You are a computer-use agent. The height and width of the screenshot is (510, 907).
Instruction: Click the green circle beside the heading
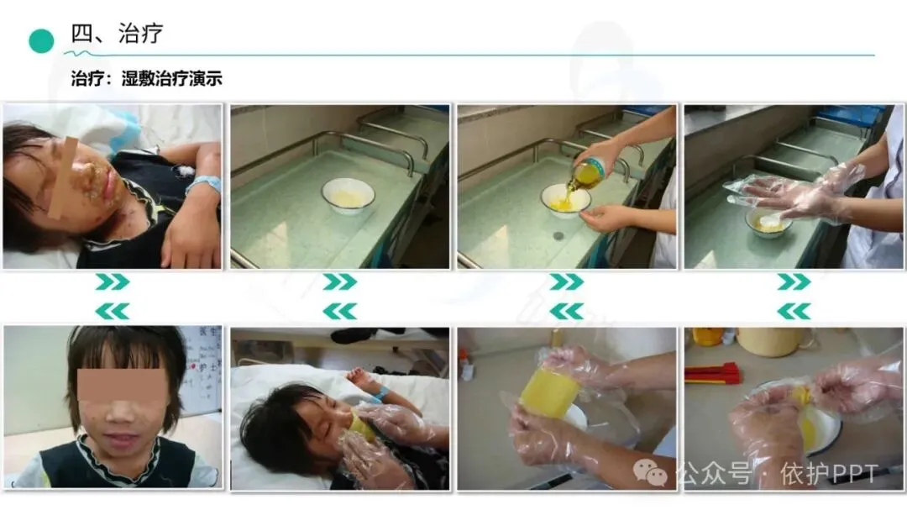(41, 40)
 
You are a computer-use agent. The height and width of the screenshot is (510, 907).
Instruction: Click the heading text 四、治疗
(117, 34)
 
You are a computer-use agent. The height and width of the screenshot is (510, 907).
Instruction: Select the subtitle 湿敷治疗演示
(172, 79)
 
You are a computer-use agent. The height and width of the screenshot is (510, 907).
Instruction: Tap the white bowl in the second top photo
(348, 196)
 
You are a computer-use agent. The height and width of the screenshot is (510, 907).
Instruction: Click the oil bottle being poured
(585, 171)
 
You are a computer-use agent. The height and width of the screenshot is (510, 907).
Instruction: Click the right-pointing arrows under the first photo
(113, 282)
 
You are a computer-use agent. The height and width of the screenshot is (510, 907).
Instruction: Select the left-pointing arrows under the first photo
(113, 312)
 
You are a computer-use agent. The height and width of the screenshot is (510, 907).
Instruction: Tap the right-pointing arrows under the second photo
(339, 282)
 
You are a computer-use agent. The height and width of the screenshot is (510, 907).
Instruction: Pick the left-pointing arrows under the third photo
(566, 312)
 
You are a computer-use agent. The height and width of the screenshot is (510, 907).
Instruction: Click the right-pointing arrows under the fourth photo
(794, 282)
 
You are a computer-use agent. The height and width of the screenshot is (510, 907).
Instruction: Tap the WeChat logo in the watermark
(650, 473)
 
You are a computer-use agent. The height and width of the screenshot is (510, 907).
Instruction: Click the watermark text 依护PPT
(829, 474)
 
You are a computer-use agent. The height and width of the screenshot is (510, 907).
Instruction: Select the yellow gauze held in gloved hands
(547, 393)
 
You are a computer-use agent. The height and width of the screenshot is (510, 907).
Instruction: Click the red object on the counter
(712, 373)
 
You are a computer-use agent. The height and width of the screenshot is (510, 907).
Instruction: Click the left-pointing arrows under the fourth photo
(794, 312)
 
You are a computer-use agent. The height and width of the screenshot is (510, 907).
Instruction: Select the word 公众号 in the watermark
(715, 474)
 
